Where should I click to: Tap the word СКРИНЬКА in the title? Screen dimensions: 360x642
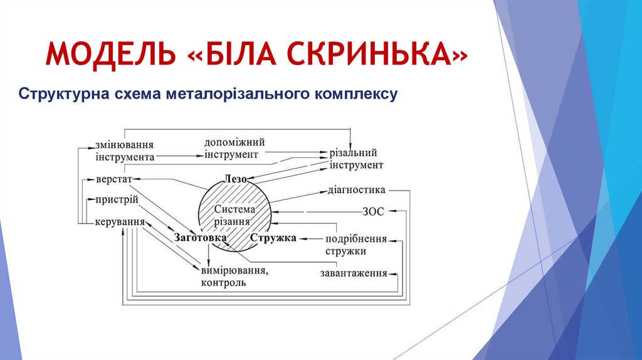[x=377, y=55]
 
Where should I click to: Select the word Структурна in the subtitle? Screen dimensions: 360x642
[x=63, y=95]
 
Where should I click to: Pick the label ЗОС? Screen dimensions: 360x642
[x=372, y=212]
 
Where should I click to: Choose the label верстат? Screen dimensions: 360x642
[x=114, y=179]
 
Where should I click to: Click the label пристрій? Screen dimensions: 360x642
[x=116, y=201]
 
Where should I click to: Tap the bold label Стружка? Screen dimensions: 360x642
[x=273, y=238]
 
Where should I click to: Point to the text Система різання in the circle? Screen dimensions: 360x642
[x=234, y=215]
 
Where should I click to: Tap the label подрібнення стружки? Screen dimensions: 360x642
[x=355, y=245]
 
